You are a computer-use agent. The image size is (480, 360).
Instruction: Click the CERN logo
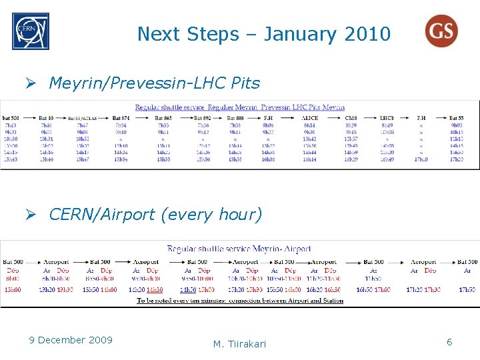click(x=30, y=31)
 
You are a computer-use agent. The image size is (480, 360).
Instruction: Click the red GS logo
click(x=441, y=31)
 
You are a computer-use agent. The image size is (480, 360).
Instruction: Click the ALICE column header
click(x=310, y=118)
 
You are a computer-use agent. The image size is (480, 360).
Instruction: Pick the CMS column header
click(x=351, y=118)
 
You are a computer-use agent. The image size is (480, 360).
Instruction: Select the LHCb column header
click(x=387, y=118)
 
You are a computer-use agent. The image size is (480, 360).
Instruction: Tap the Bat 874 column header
click(x=121, y=118)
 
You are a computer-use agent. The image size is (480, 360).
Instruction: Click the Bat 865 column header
click(x=163, y=118)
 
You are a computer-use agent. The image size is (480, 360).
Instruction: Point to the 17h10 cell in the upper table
click(x=421, y=159)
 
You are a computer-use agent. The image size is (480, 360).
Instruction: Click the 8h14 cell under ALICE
click(x=310, y=125)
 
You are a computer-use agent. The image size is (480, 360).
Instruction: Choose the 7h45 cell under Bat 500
click(x=11, y=125)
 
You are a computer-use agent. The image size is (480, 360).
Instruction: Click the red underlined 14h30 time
click(x=154, y=289)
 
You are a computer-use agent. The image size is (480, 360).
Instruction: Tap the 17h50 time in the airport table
click(x=467, y=289)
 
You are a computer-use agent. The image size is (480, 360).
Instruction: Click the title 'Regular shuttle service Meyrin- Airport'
click(x=239, y=249)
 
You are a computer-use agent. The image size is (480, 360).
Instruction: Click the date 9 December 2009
click(x=71, y=340)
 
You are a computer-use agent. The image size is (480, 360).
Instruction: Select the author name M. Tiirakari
click(x=239, y=344)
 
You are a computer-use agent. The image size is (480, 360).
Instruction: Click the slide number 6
click(x=449, y=341)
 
